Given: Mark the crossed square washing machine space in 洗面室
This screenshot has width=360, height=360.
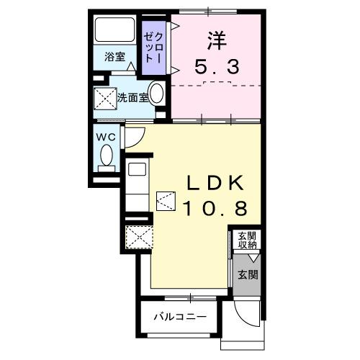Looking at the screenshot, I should click(x=105, y=99).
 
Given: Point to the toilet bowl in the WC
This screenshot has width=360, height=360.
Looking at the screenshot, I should click(x=107, y=155).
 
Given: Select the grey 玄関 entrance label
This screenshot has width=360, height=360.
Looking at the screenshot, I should click(x=248, y=274).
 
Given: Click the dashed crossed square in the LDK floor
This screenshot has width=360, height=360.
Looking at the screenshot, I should click(x=166, y=199).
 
